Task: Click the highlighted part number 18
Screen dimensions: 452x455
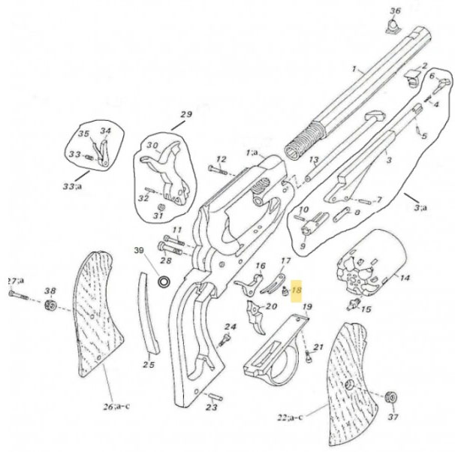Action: click(x=296, y=290)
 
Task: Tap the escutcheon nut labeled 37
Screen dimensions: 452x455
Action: click(x=390, y=397)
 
